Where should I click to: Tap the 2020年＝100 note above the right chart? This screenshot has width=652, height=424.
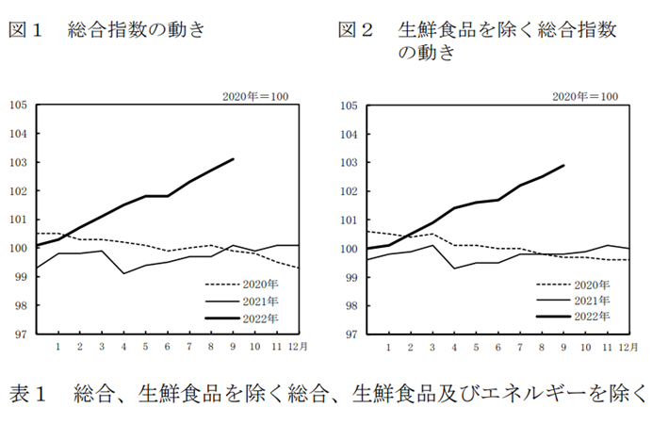[x=585, y=96]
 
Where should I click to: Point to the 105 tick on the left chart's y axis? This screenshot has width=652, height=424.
[x=17, y=105]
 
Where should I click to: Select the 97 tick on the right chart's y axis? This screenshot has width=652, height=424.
[x=348, y=334]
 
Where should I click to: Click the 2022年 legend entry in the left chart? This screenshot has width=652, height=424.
[x=260, y=318]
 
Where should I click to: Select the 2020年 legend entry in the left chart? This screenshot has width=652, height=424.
[x=260, y=283]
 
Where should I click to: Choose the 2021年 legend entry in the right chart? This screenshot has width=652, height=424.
[x=590, y=301]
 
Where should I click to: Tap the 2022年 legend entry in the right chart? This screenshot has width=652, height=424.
[x=590, y=318]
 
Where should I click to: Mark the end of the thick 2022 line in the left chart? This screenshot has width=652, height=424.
[x=234, y=159]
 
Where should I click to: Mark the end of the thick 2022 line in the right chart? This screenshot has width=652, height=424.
[x=563, y=166]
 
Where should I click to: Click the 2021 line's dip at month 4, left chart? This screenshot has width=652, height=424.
[x=123, y=273]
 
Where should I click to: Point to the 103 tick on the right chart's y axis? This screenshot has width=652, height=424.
[x=348, y=162]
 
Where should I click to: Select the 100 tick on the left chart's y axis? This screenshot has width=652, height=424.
[x=17, y=249]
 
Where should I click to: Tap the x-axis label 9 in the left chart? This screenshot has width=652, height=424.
[x=234, y=348]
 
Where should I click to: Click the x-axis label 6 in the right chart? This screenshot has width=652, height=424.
[x=497, y=348]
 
